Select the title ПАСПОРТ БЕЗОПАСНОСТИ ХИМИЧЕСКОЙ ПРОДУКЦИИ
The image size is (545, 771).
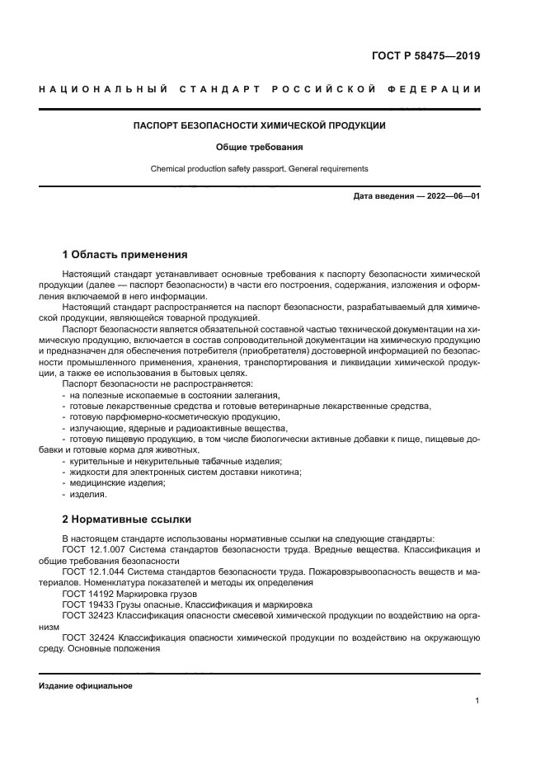pos(260,126)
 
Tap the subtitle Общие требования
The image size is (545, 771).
pos(260,148)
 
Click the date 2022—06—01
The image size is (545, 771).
pos(450,196)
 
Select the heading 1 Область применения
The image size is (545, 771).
pos(125,254)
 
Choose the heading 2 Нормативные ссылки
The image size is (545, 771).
pos(127,519)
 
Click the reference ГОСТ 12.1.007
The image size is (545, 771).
pos(91,549)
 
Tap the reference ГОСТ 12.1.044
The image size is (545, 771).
pos(91,571)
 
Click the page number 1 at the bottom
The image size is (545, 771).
pos(477,701)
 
